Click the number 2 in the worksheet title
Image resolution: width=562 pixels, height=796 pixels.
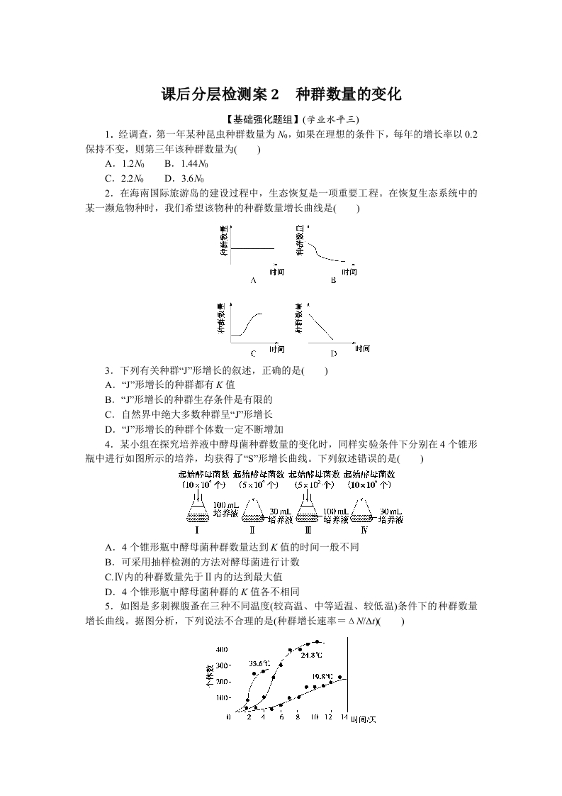pyautogui.click(x=276, y=95)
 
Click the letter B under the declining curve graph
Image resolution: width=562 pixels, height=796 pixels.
pyautogui.click(x=332, y=280)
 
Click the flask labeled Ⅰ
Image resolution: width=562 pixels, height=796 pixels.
pyautogui.click(x=196, y=513)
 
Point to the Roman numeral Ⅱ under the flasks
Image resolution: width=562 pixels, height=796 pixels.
pyautogui.click(x=252, y=530)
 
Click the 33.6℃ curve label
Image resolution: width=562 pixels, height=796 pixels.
pyautogui.click(x=259, y=664)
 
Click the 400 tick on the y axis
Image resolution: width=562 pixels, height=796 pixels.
pyautogui.click(x=221, y=650)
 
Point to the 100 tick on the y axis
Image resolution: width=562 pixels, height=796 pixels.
pyautogui.click(x=221, y=697)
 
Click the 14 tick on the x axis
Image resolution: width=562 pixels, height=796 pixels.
pyautogui.click(x=344, y=718)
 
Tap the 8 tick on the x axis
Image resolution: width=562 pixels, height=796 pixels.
pyautogui.click(x=297, y=718)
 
